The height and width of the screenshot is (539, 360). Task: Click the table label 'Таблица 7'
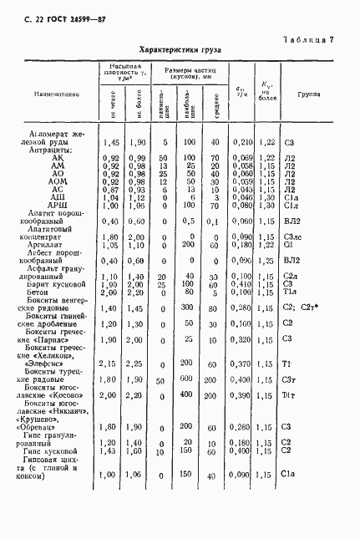pos(309,40)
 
